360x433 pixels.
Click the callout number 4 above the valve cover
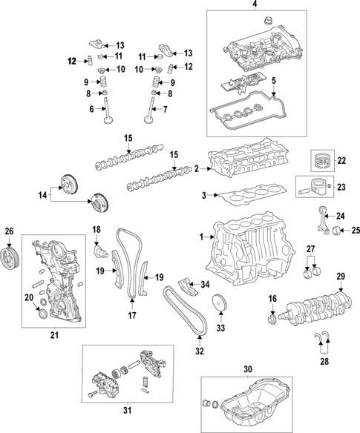point(255,5)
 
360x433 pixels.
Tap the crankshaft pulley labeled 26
point(10,260)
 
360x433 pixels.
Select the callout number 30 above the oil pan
point(248,368)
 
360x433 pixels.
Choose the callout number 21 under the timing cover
point(53,336)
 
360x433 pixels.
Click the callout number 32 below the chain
point(199,351)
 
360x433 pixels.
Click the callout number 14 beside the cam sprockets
point(42,195)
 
